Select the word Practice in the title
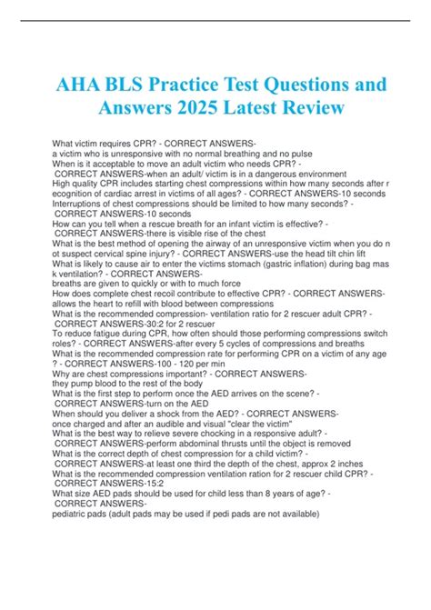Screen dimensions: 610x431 pyautogui.click(x=210, y=83)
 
